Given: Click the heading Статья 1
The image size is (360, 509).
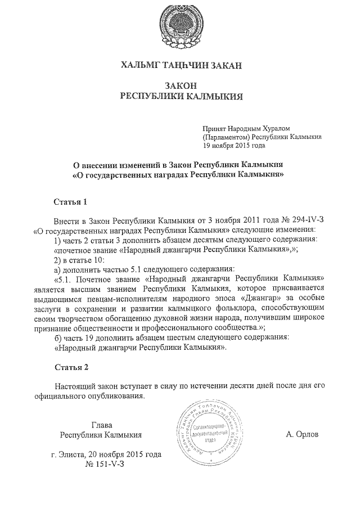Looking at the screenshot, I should [70, 201].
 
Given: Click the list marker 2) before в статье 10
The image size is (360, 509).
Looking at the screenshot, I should [57, 259].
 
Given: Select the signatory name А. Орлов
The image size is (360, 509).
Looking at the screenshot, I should [302, 435].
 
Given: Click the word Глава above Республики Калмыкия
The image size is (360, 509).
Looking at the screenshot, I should [101, 425].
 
